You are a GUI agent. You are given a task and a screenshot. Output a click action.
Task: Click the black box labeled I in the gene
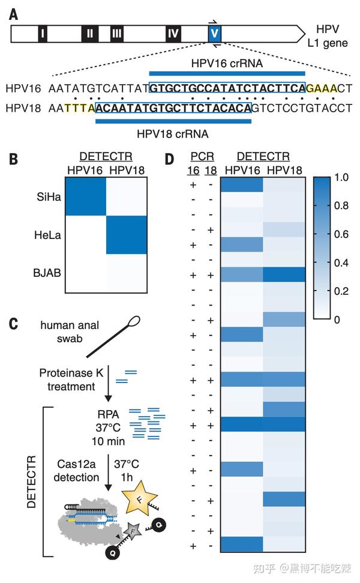[x=42, y=34]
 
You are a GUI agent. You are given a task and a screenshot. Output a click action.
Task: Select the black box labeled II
[x=89, y=34]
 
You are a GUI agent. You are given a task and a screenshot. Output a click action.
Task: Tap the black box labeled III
[x=116, y=34]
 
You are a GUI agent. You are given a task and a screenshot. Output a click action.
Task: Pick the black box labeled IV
[x=173, y=34]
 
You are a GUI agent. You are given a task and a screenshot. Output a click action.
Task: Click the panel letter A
[x=13, y=13]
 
